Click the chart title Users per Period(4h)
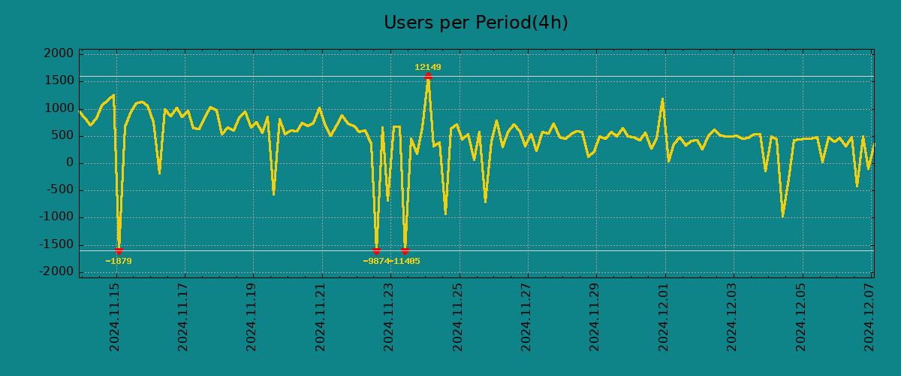tap(475, 23)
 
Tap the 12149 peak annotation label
tap(428, 68)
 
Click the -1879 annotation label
tap(119, 262)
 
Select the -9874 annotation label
tap(375, 262)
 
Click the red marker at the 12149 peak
tap(428, 76)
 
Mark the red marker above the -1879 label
tap(119, 251)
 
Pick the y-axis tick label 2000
tap(59, 54)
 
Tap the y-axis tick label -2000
tap(57, 271)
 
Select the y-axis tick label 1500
tap(59, 81)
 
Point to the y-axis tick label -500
tap(60, 190)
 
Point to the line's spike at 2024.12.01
tap(662, 99)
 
